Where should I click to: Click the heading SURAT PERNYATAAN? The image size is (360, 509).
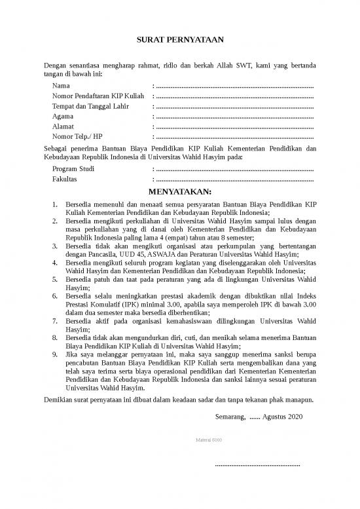[x=180, y=41]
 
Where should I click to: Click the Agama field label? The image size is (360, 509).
[x=63, y=117]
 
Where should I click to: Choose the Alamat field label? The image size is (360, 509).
[x=63, y=126]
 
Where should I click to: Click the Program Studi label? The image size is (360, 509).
[x=73, y=168]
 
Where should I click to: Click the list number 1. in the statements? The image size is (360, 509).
[x=56, y=204]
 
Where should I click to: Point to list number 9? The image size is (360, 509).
[x=56, y=355]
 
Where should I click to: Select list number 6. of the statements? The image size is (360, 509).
[x=56, y=295]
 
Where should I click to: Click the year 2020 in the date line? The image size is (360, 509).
[x=295, y=415]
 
